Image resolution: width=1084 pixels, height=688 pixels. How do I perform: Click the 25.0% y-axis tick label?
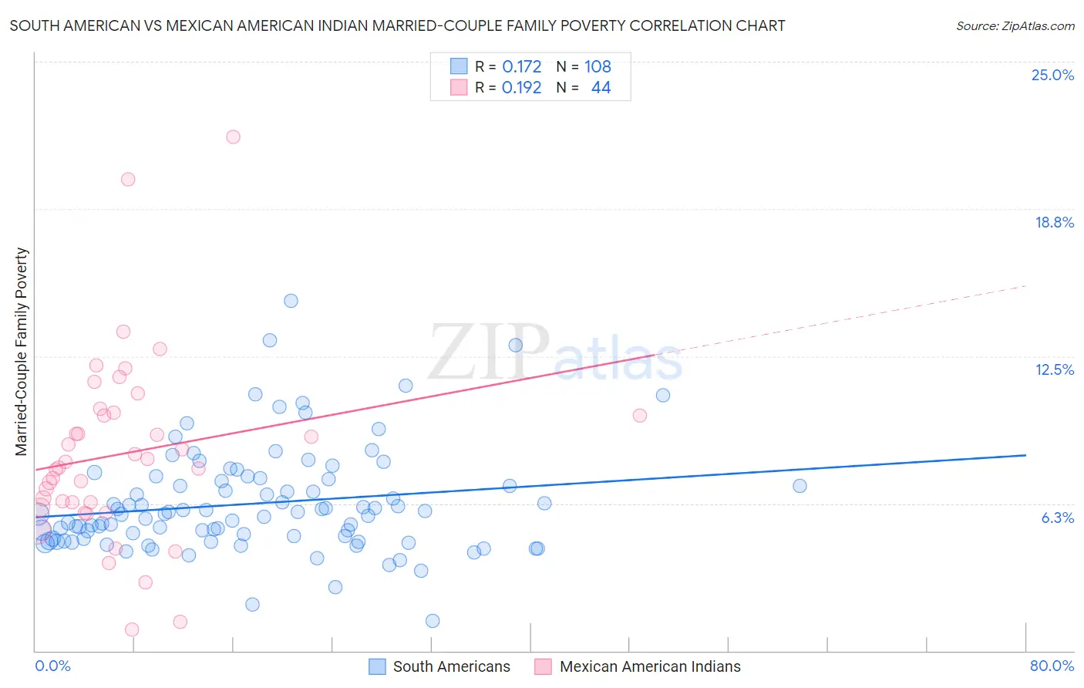pos(1052,75)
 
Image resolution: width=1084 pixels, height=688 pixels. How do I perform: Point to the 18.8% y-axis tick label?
pos(1054,222)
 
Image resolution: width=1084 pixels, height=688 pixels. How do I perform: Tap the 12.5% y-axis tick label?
pos(1054,369)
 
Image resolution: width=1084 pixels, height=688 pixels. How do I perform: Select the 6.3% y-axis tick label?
pos(1057,518)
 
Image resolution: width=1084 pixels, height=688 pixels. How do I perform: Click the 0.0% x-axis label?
pos(52,666)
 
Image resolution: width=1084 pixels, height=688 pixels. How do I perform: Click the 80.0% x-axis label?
pos(1052,666)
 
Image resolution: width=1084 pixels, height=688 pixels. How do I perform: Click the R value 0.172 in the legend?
pos(521,67)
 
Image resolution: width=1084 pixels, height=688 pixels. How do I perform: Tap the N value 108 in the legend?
pos(598,67)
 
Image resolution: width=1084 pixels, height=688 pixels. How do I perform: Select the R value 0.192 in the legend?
pos(521,88)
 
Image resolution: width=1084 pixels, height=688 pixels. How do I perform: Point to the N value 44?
pos(601,88)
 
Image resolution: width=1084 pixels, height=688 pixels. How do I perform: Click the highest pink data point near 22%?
pos(233,137)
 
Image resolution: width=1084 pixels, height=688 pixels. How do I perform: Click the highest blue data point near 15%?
pos(291,301)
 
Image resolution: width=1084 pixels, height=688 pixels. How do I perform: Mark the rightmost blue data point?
pos(800,486)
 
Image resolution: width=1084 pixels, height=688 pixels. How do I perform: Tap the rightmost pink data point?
pos(639,416)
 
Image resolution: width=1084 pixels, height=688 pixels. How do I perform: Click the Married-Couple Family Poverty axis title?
pos(22,352)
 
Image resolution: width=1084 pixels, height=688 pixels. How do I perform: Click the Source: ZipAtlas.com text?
pos(1015,26)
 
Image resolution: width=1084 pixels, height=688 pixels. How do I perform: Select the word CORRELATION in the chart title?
pos(676,25)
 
